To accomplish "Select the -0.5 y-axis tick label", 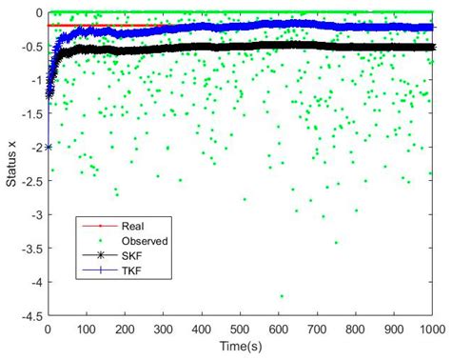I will point(31,47).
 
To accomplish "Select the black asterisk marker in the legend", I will point(99,254).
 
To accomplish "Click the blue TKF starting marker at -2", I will point(49,148).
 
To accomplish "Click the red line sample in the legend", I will point(99,226).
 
